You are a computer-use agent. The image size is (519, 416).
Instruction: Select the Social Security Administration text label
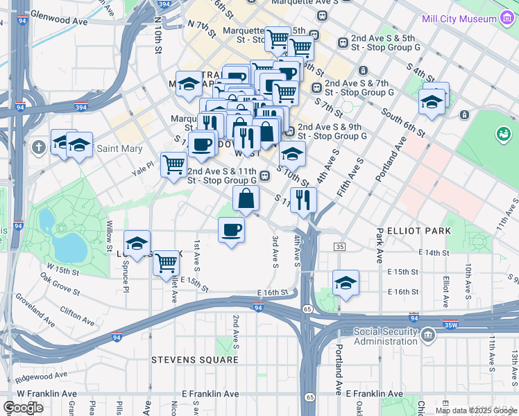(x=385, y=336)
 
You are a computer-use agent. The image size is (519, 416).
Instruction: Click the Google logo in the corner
(x=23, y=407)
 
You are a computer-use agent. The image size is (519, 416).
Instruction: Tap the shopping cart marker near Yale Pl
(x=173, y=165)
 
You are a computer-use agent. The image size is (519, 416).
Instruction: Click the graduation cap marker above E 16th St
(x=345, y=282)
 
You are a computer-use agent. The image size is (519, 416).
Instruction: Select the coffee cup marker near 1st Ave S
(x=231, y=229)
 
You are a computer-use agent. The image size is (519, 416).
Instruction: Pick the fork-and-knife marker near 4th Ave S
(x=303, y=200)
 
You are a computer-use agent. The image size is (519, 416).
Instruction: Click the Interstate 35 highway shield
(x=339, y=247)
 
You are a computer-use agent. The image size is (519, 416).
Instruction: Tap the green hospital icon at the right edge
(x=503, y=133)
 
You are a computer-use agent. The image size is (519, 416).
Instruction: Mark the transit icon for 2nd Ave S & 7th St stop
(x=316, y=87)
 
